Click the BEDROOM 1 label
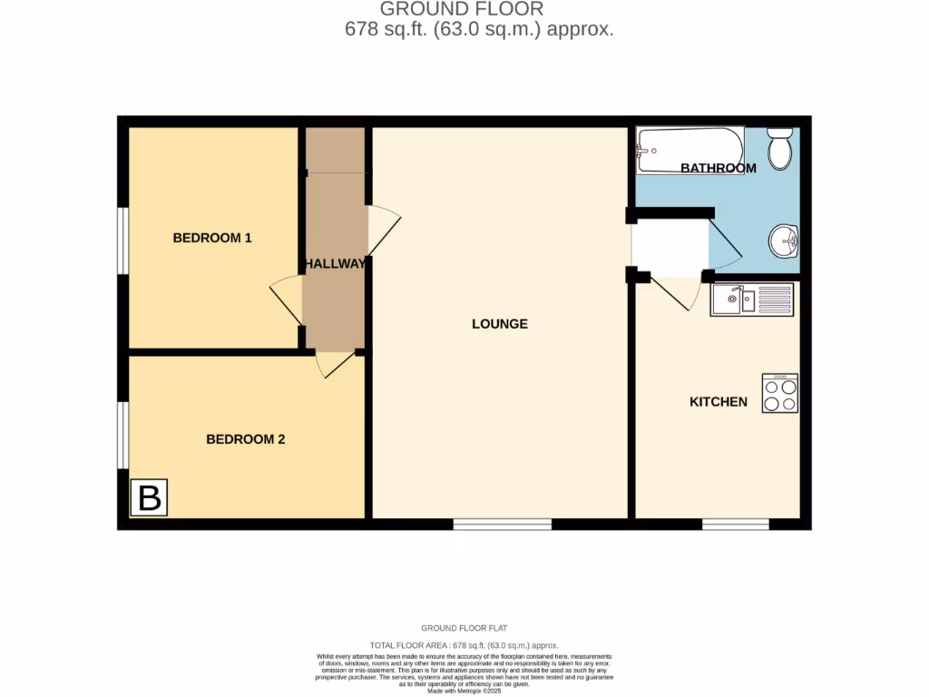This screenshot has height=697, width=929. (211, 238)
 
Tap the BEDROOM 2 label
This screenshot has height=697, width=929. (245, 439)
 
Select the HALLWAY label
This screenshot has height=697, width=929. (335, 264)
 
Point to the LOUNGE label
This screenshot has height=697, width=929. (499, 324)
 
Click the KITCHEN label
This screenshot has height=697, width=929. (719, 401)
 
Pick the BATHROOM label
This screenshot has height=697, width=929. (718, 168)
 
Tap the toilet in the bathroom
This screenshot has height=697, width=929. (779, 148)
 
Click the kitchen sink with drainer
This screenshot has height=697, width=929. (751, 299)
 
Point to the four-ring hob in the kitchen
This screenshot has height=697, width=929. (779, 394)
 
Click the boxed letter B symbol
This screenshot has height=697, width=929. (149, 497)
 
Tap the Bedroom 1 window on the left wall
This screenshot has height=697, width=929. (122, 240)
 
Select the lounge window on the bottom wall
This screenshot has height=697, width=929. (502, 524)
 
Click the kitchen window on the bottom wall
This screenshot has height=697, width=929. (735, 524)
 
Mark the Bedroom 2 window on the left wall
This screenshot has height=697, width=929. (122, 435)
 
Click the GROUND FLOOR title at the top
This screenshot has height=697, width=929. (461, 9)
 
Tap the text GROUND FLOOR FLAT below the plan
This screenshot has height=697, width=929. (464, 628)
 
